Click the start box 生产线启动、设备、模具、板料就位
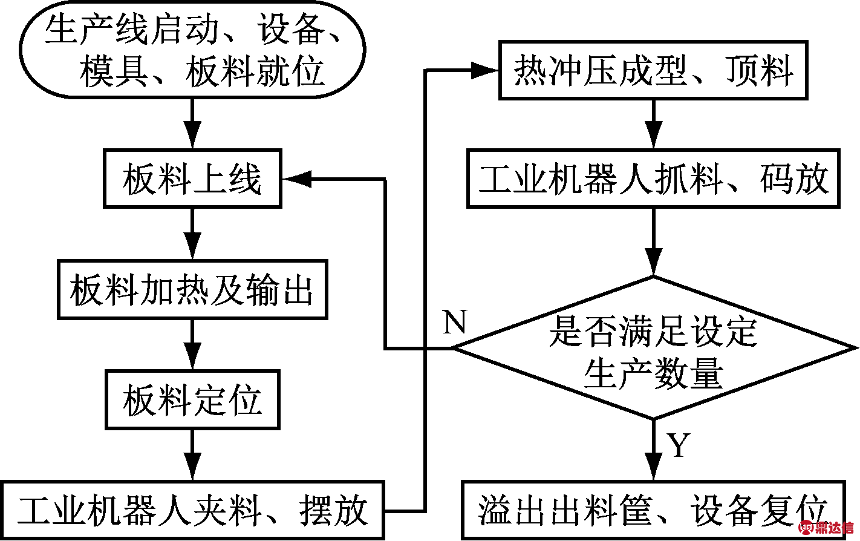[x=192, y=50]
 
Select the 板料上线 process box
[x=192, y=179]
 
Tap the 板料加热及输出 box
[x=192, y=290]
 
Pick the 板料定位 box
[x=192, y=399]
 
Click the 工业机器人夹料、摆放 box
[x=192, y=510]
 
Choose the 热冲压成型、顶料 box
[x=653, y=70]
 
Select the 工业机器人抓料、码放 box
[x=653, y=179]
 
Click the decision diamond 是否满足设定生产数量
[x=653, y=348]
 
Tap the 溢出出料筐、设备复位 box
[x=653, y=510]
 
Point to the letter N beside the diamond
[x=455, y=321]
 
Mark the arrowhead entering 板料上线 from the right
[x=297, y=179]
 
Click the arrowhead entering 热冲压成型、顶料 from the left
[x=484, y=70]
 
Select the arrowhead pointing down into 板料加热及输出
[x=192, y=246]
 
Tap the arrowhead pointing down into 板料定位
[x=192, y=356]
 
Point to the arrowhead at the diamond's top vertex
[x=653, y=262]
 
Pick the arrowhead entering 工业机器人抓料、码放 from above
[x=653, y=135]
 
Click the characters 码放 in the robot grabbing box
[x=794, y=179]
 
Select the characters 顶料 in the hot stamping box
[x=760, y=70]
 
